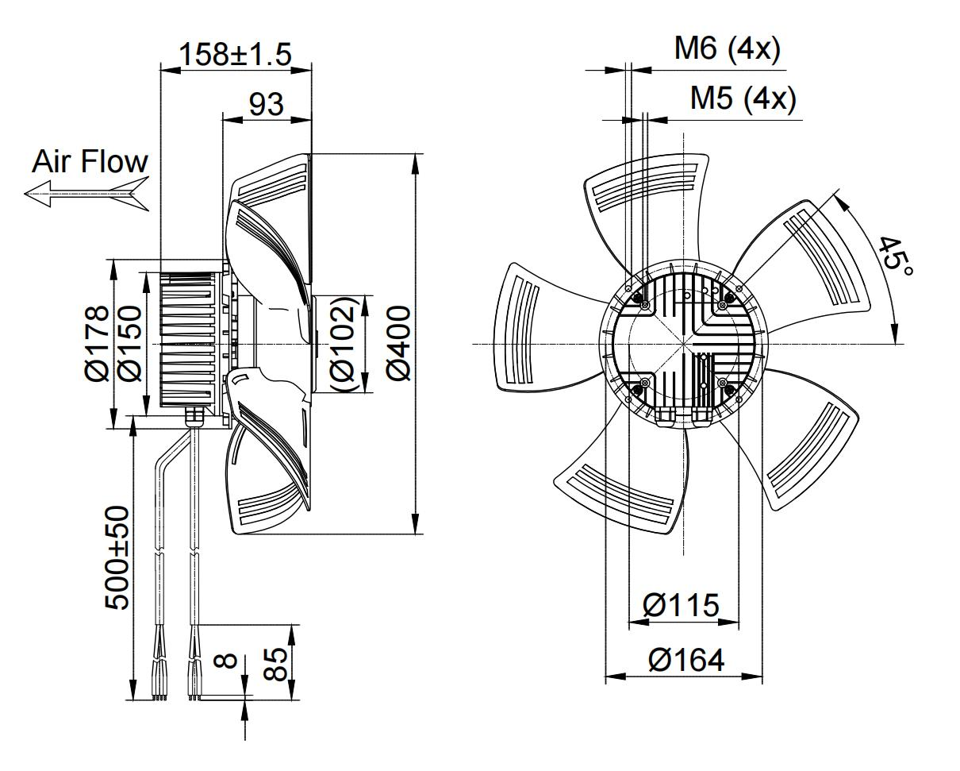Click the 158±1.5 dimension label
click(x=236, y=54)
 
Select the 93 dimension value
click(x=266, y=104)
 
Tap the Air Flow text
click(x=90, y=162)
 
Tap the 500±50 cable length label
click(x=118, y=557)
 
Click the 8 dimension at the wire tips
click(x=227, y=661)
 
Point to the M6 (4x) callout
click(x=727, y=49)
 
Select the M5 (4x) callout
click(x=742, y=98)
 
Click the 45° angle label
click(x=897, y=255)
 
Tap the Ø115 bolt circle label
click(x=682, y=606)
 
